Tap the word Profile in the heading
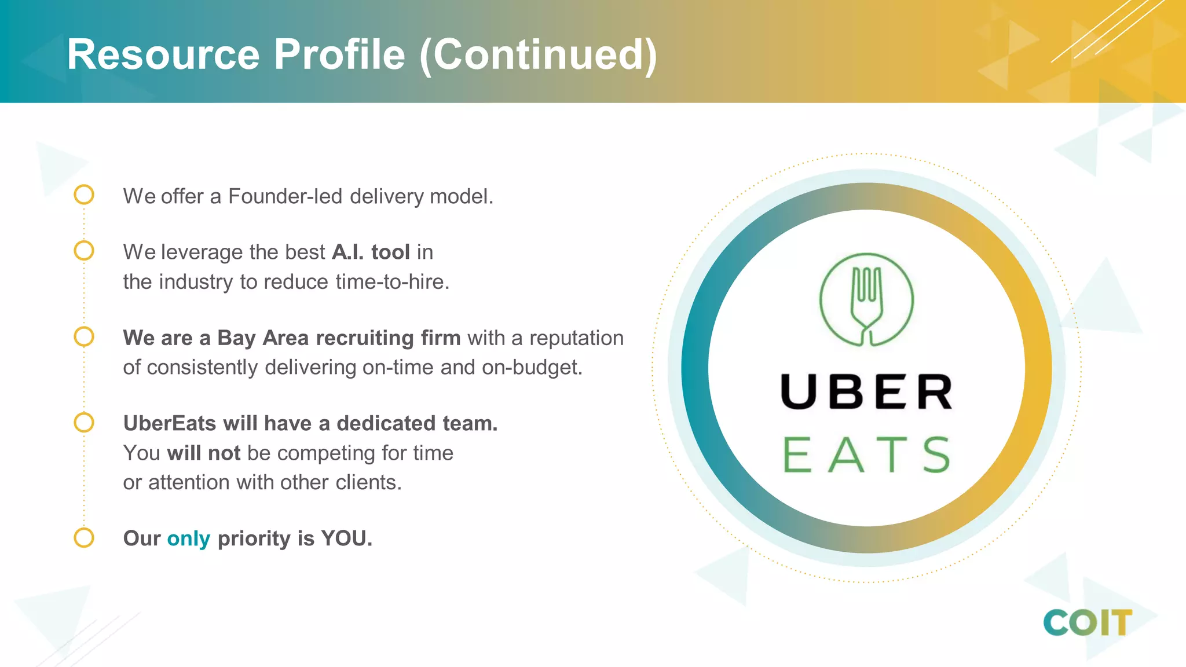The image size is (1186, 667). (x=339, y=55)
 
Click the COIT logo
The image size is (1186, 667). (x=1087, y=623)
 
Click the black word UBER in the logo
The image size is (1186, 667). (x=866, y=392)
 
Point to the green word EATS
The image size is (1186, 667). (x=866, y=455)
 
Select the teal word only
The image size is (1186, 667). (x=188, y=539)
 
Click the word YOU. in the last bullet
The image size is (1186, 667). (x=346, y=538)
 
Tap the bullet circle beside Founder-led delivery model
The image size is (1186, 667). (x=84, y=195)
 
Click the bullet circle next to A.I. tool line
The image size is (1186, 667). (x=84, y=251)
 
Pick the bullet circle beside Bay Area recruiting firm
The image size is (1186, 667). (x=84, y=336)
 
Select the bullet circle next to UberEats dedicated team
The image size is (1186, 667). (x=84, y=422)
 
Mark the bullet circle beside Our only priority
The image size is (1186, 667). (x=84, y=537)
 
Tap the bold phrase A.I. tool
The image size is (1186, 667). (x=371, y=252)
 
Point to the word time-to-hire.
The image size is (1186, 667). (x=392, y=282)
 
